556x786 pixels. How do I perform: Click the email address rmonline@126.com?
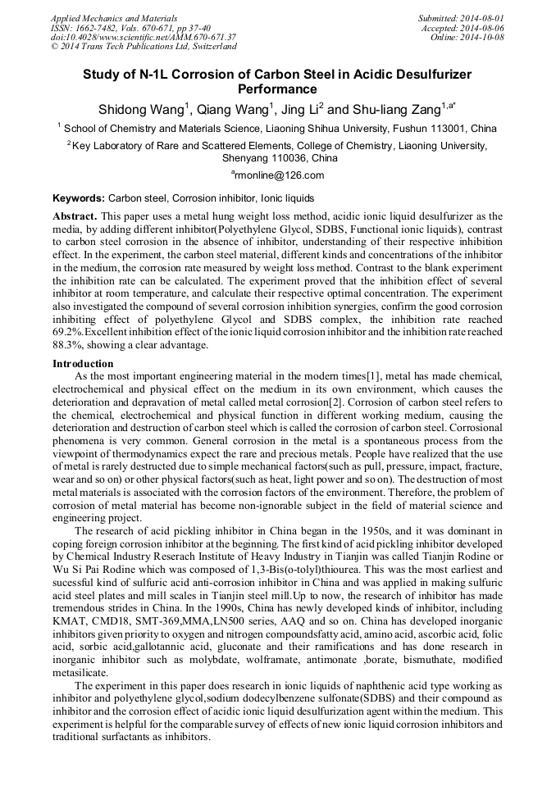point(279,175)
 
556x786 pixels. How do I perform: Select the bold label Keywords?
point(79,198)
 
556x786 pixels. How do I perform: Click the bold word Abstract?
point(75,216)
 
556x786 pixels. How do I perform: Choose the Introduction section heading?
point(83,363)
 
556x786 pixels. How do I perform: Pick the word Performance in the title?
point(277,89)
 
